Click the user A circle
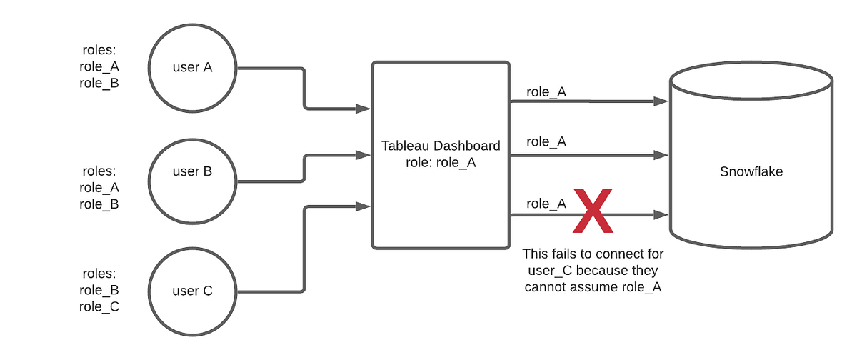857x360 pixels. pyautogui.click(x=193, y=68)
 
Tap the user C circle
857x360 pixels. pyautogui.click(x=193, y=291)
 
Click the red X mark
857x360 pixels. pyautogui.click(x=593, y=211)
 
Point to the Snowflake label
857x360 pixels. pyautogui.click(x=751, y=171)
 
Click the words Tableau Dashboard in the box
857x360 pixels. pyautogui.click(x=441, y=146)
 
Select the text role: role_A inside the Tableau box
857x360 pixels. pyautogui.click(x=441, y=162)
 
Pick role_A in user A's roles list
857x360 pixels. pyautogui.click(x=99, y=67)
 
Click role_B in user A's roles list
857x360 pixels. pyautogui.click(x=99, y=83)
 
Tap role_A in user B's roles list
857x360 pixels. pyautogui.click(x=99, y=188)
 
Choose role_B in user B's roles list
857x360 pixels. pyautogui.click(x=99, y=204)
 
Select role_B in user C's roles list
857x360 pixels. pyautogui.click(x=99, y=290)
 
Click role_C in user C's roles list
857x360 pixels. pyautogui.click(x=99, y=306)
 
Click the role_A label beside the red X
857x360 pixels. pyautogui.click(x=546, y=204)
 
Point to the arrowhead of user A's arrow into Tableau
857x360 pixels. pyautogui.click(x=364, y=109)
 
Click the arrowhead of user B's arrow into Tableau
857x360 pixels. pyautogui.click(x=364, y=154)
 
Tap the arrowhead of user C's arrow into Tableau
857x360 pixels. pyautogui.click(x=364, y=207)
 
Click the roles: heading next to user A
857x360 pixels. pyautogui.click(x=99, y=51)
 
